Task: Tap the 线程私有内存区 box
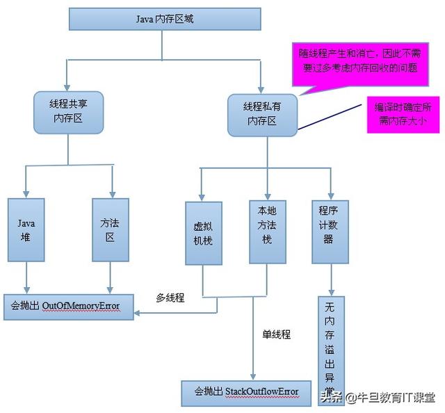tap(263, 113)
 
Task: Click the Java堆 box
tap(26, 229)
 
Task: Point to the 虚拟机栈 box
tap(203, 233)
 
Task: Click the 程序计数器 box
tap(330, 229)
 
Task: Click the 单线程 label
tap(276, 334)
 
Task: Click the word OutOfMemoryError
tap(81, 306)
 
